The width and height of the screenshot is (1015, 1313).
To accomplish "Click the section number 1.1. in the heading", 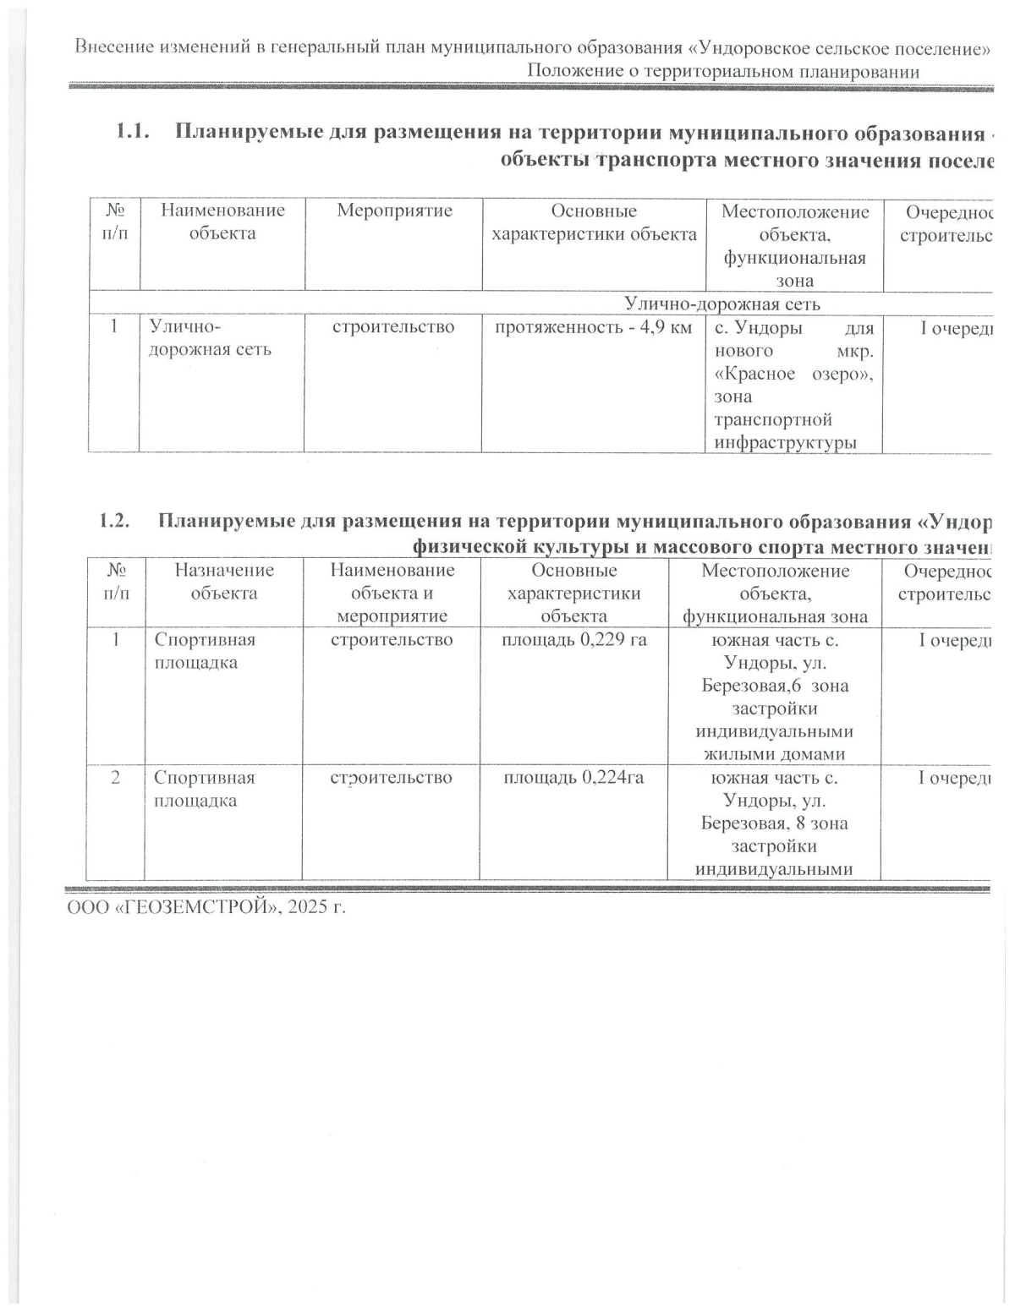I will tap(132, 133).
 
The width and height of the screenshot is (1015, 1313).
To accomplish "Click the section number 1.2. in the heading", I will tap(114, 520).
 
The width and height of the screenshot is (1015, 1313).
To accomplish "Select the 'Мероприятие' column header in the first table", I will tap(394, 211).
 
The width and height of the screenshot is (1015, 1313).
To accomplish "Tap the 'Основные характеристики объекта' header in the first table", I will tap(594, 222).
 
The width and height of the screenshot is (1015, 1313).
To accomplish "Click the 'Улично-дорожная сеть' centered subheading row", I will tap(721, 304).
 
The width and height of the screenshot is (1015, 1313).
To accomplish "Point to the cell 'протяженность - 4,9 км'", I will tap(593, 327).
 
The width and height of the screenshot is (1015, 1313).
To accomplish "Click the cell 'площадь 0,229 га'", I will tap(574, 639).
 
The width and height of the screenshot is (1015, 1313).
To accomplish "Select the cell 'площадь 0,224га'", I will tap(573, 777).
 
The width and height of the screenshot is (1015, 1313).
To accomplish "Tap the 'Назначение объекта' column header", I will tap(224, 582).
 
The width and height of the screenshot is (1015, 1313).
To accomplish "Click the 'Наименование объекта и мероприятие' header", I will tap(392, 593).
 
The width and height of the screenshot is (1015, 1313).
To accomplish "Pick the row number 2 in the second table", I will tap(115, 777).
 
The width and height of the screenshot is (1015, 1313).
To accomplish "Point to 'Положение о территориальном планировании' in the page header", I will tap(723, 71).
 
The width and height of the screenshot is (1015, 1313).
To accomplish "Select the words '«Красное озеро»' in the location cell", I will tap(793, 374).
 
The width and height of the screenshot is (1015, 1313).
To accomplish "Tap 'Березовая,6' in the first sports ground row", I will tap(752, 685).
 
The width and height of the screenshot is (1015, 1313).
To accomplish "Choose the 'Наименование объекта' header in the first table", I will tap(222, 222).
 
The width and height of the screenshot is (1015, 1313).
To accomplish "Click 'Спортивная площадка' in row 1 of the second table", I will tap(204, 650).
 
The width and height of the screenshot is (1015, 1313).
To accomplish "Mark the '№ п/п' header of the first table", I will tap(114, 222).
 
